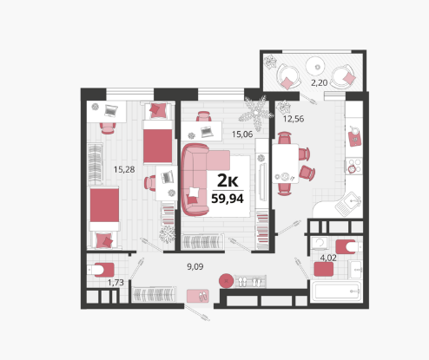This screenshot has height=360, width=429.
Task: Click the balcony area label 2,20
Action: [x=319, y=83]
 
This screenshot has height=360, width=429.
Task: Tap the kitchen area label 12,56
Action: [x=294, y=119]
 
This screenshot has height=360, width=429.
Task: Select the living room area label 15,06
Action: [x=242, y=134]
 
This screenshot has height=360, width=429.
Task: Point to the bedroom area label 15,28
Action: [x=124, y=169]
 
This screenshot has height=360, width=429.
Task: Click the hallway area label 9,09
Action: [x=195, y=266]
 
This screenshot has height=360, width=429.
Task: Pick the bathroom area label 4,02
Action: [x=328, y=258]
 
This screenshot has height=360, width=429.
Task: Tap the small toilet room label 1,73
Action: [x=115, y=283]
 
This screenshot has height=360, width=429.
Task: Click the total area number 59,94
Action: [x=228, y=199]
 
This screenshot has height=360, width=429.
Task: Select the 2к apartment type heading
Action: [x=228, y=181]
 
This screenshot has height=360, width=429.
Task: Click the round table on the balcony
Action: [x=318, y=67]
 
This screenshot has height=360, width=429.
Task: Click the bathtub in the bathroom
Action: [x=337, y=291]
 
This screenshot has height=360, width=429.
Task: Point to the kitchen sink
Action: [x=348, y=204]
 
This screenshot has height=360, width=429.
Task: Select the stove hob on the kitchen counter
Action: [x=354, y=166]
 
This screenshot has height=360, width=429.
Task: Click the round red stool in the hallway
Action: [x=226, y=281]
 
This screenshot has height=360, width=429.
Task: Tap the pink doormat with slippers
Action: [x=198, y=296]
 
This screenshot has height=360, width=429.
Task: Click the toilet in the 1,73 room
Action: [x=102, y=270]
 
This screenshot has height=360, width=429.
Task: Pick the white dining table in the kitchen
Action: [x=286, y=164]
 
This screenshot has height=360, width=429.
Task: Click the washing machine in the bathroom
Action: [x=320, y=244]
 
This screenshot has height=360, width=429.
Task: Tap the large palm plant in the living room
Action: [x=256, y=114]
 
